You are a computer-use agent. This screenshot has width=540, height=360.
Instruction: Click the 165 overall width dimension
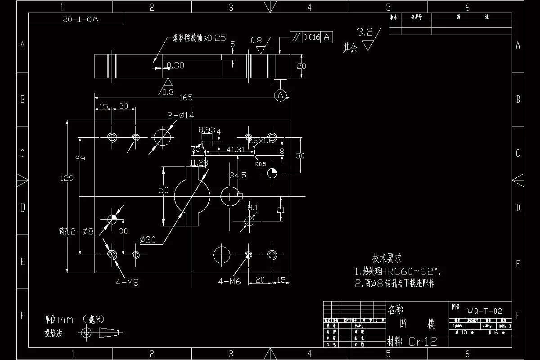click(x=186, y=98)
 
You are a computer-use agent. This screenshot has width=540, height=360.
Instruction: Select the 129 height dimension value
click(x=67, y=178)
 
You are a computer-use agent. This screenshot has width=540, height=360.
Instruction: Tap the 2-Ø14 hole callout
click(x=180, y=115)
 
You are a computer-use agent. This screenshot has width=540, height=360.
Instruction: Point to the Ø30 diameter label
click(x=148, y=240)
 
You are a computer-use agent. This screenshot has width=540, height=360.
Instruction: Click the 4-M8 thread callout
click(x=127, y=283)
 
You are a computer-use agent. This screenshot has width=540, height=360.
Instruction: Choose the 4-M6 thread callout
click(x=229, y=282)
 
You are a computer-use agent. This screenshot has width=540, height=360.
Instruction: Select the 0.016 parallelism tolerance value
click(x=311, y=37)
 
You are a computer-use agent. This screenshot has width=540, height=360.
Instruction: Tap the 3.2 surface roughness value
click(x=364, y=32)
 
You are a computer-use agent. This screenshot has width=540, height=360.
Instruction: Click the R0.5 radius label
click(x=261, y=164)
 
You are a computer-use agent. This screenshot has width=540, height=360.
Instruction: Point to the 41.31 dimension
click(x=235, y=149)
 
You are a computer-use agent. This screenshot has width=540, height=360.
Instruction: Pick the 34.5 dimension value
click(x=238, y=175)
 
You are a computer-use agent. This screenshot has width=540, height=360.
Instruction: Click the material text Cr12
click(x=423, y=342)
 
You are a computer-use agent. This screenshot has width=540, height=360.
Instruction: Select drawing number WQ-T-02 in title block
click(x=484, y=311)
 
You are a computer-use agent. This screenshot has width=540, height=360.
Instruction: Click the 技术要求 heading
click(x=387, y=258)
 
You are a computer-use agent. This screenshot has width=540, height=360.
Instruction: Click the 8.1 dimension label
click(x=252, y=207)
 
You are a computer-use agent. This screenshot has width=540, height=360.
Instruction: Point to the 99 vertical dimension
click(x=80, y=158)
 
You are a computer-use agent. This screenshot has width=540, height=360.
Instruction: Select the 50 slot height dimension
click(x=163, y=190)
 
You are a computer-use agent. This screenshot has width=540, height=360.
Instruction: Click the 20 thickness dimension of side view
click(x=301, y=66)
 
